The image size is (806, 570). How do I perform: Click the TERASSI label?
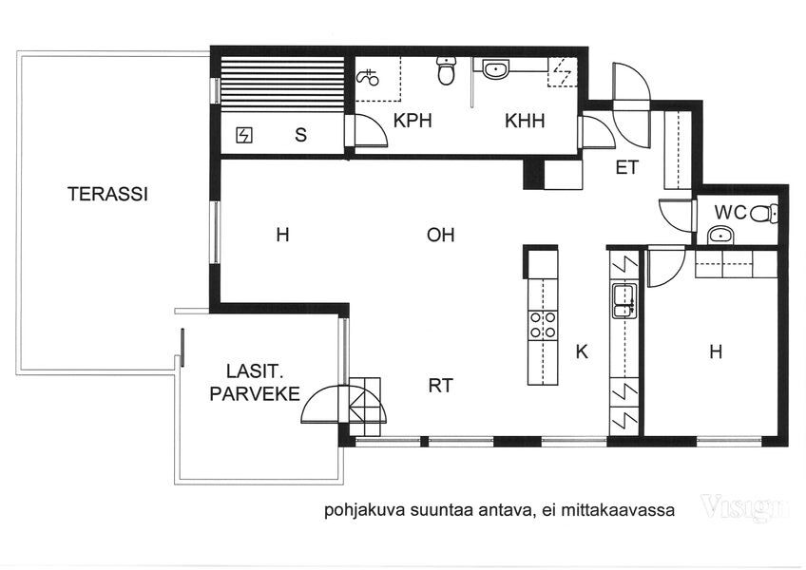[107, 194]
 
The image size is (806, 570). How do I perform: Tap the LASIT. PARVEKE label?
[255, 383]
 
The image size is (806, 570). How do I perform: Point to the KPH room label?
[413, 121]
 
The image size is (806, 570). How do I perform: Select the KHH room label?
[525, 122]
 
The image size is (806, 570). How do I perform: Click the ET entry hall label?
[627, 167]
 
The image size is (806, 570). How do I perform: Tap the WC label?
[730, 212]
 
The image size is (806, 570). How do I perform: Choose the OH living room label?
[440, 235]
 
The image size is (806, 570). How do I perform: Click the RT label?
[440, 386]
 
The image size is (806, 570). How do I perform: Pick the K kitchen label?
[582, 352]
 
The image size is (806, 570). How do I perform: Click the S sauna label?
[300, 135]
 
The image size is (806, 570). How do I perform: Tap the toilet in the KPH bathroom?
[446, 70]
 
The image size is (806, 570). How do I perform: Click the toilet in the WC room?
[764, 214]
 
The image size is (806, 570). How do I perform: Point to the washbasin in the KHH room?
[495, 68]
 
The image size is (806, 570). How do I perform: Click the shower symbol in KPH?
[368, 78]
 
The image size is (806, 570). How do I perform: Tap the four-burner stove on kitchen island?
[543, 325]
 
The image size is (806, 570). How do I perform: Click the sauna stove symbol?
[244, 135]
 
